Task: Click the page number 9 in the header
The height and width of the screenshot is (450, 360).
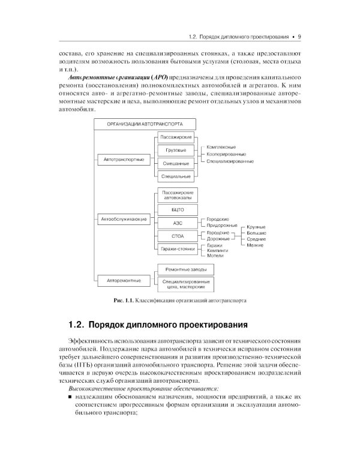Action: click(299, 37)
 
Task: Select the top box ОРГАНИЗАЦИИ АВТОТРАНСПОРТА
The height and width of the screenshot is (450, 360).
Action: click(137, 124)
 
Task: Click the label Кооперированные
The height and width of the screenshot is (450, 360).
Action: click(223, 154)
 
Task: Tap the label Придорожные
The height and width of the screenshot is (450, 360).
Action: click(220, 224)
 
